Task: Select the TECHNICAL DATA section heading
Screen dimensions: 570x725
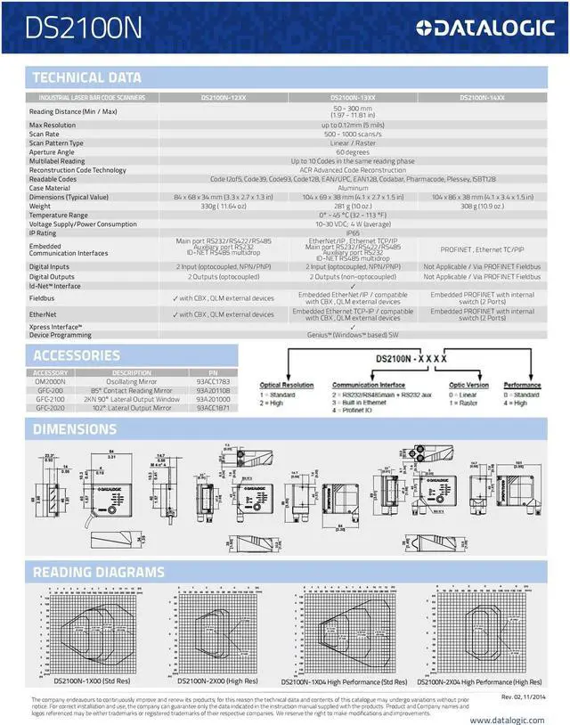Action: (x=86, y=77)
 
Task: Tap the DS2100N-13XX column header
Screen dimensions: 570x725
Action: (x=353, y=96)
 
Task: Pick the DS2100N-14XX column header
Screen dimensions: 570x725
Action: (x=482, y=96)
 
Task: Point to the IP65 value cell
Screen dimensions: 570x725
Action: (x=353, y=233)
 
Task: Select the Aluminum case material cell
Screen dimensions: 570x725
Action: (x=353, y=188)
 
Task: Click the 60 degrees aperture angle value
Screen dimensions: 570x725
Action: (x=353, y=151)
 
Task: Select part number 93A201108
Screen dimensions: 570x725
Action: (x=213, y=390)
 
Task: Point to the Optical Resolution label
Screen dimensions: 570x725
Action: (x=287, y=386)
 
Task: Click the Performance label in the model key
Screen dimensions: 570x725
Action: (x=522, y=386)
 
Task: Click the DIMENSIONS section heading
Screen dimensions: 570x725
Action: (x=75, y=429)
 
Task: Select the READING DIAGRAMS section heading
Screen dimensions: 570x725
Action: (x=98, y=571)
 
